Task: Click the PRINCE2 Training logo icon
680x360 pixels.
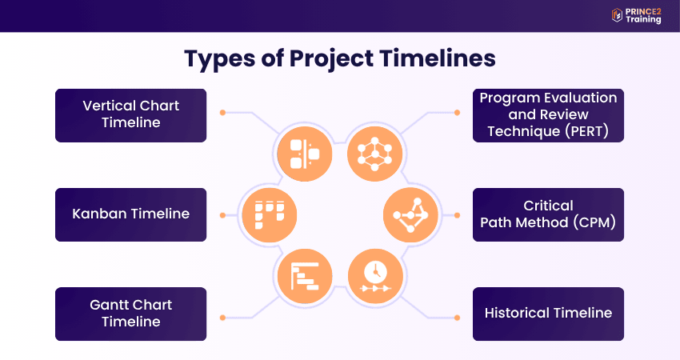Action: click(x=617, y=15)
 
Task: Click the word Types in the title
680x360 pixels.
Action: click(x=219, y=59)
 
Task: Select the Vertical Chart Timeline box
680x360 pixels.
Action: click(x=131, y=115)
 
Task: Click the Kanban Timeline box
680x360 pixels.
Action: click(x=131, y=214)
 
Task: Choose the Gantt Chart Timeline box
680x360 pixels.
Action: click(x=131, y=314)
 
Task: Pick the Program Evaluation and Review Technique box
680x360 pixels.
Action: click(x=548, y=115)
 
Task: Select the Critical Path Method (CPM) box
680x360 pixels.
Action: click(x=548, y=214)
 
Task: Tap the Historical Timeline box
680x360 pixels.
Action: click(x=548, y=314)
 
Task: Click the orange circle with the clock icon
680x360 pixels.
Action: click(x=375, y=276)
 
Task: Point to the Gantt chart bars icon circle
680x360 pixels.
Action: click(x=305, y=276)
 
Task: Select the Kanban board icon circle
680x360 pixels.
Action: click(x=270, y=215)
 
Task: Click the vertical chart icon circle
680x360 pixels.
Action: click(x=305, y=154)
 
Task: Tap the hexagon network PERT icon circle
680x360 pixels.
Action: click(x=375, y=154)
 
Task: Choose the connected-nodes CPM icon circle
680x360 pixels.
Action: click(x=410, y=215)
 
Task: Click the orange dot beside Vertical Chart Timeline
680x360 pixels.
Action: click(x=222, y=113)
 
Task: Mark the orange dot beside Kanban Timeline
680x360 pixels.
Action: click(x=222, y=215)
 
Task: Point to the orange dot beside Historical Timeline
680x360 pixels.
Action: click(x=457, y=318)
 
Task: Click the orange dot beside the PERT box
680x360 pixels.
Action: click(x=457, y=113)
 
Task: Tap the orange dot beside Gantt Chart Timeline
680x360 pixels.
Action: click(x=222, y=318)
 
